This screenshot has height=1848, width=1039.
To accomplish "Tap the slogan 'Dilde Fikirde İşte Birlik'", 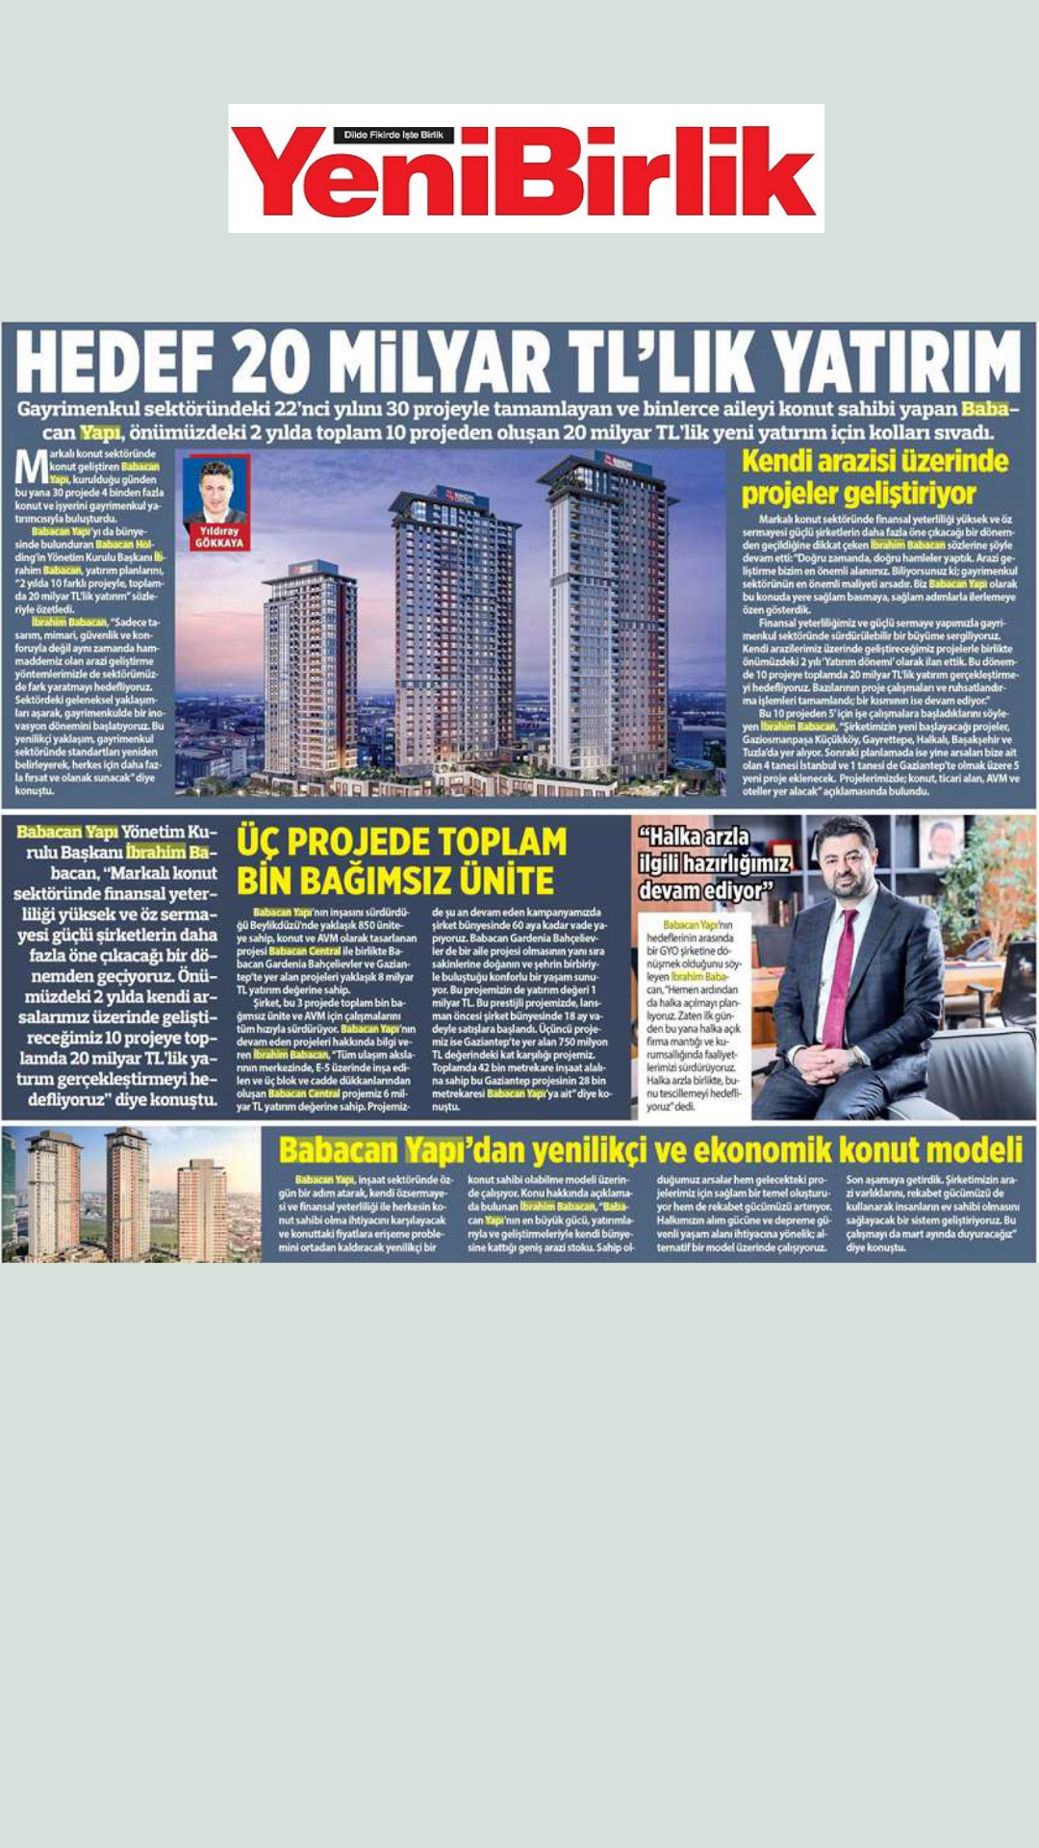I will tap(393, 135).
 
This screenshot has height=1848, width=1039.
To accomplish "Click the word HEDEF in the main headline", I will tap(114, 363).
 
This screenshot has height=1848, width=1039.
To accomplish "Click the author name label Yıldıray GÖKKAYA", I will tap(219, 537).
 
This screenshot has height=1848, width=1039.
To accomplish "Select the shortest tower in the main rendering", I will tap(309, 664).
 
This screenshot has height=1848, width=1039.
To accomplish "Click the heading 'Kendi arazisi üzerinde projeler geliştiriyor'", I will tap(874, 477).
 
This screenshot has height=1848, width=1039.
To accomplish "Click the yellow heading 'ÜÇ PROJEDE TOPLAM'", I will tap(402, 842).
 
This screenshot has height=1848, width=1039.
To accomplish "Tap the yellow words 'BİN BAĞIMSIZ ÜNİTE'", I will tap(395, 881).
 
